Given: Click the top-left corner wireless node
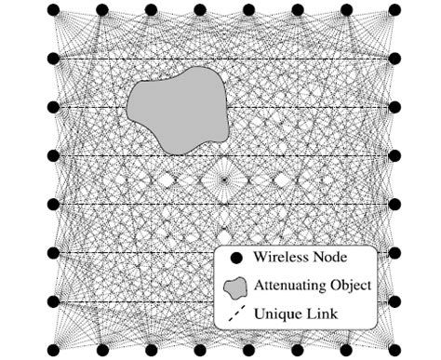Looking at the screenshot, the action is [x=54, y=10].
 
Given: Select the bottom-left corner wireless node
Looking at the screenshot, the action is [x=54, y=349].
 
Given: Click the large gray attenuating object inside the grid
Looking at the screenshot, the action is [x=179, y=109].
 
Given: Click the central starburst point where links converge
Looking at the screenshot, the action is [x=223, y=180].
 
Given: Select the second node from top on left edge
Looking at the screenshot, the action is [x=54, y=59].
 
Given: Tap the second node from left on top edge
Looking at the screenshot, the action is [x=102, y=10].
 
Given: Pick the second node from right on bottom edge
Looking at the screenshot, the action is [x=345, y=349].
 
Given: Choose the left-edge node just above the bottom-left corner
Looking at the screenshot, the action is [x=54, y=300].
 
